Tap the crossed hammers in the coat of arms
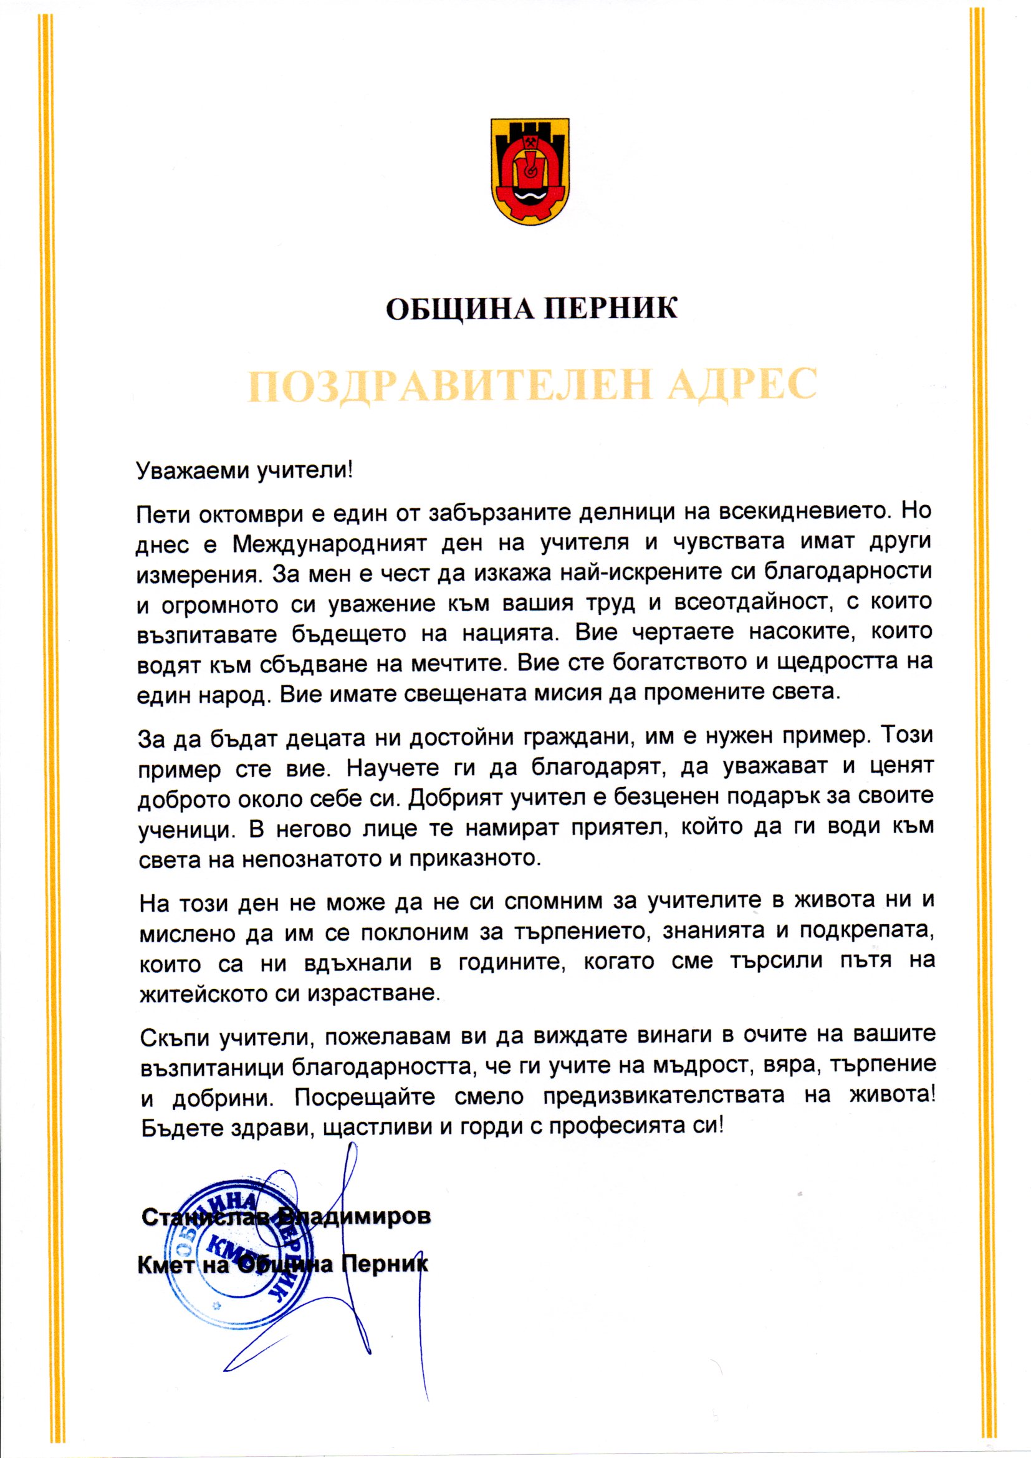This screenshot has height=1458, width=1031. coord(530,141)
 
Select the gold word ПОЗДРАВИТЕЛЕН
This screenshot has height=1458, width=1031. coord(444,384)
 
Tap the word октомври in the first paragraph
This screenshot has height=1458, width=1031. coord(254,513)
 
